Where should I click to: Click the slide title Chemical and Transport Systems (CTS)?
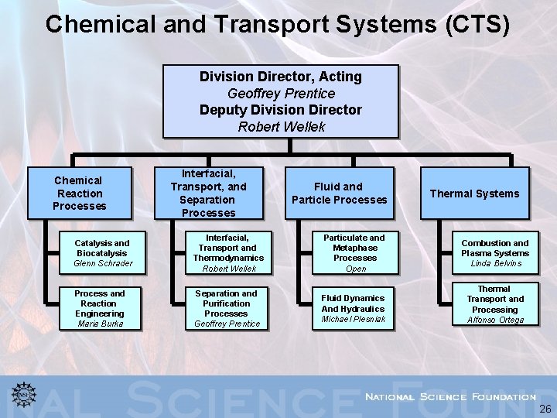point(278,24)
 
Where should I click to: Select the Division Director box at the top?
point(281,101)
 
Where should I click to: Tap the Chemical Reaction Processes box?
point(79,193)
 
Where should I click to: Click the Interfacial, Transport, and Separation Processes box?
point(208,193)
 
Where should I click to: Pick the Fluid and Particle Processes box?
point(339,193)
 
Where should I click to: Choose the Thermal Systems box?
point(474,193)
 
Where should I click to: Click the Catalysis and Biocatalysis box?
point(103,252)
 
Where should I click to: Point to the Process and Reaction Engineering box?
point(101,308)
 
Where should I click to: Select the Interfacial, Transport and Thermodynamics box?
point(228,252)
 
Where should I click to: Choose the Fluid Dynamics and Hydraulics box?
point(353,308)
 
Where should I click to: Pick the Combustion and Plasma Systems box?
point(495,252)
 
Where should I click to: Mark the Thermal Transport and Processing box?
point(495,304)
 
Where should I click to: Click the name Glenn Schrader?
point(103,264)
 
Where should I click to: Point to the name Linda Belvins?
point(496,264)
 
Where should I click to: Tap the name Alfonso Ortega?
point(496,320)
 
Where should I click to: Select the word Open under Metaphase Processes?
point(356,269)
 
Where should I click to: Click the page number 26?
point(545,409)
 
